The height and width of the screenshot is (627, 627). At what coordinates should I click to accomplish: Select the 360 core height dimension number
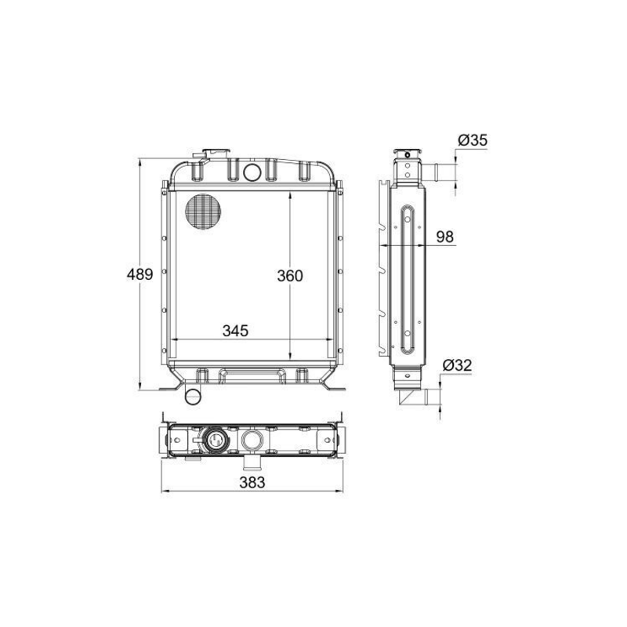[x=289, y=276]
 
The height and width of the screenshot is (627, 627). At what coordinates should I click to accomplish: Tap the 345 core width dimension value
[x=235, y=331]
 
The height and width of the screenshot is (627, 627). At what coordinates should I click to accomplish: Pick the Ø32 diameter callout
[x=456, y=364]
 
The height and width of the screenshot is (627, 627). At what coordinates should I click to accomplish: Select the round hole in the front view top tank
[x=252, y=171]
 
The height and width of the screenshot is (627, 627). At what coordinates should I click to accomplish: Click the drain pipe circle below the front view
[x=192, y=396]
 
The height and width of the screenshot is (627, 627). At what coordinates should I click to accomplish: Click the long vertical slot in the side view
[x=407, y=278]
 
